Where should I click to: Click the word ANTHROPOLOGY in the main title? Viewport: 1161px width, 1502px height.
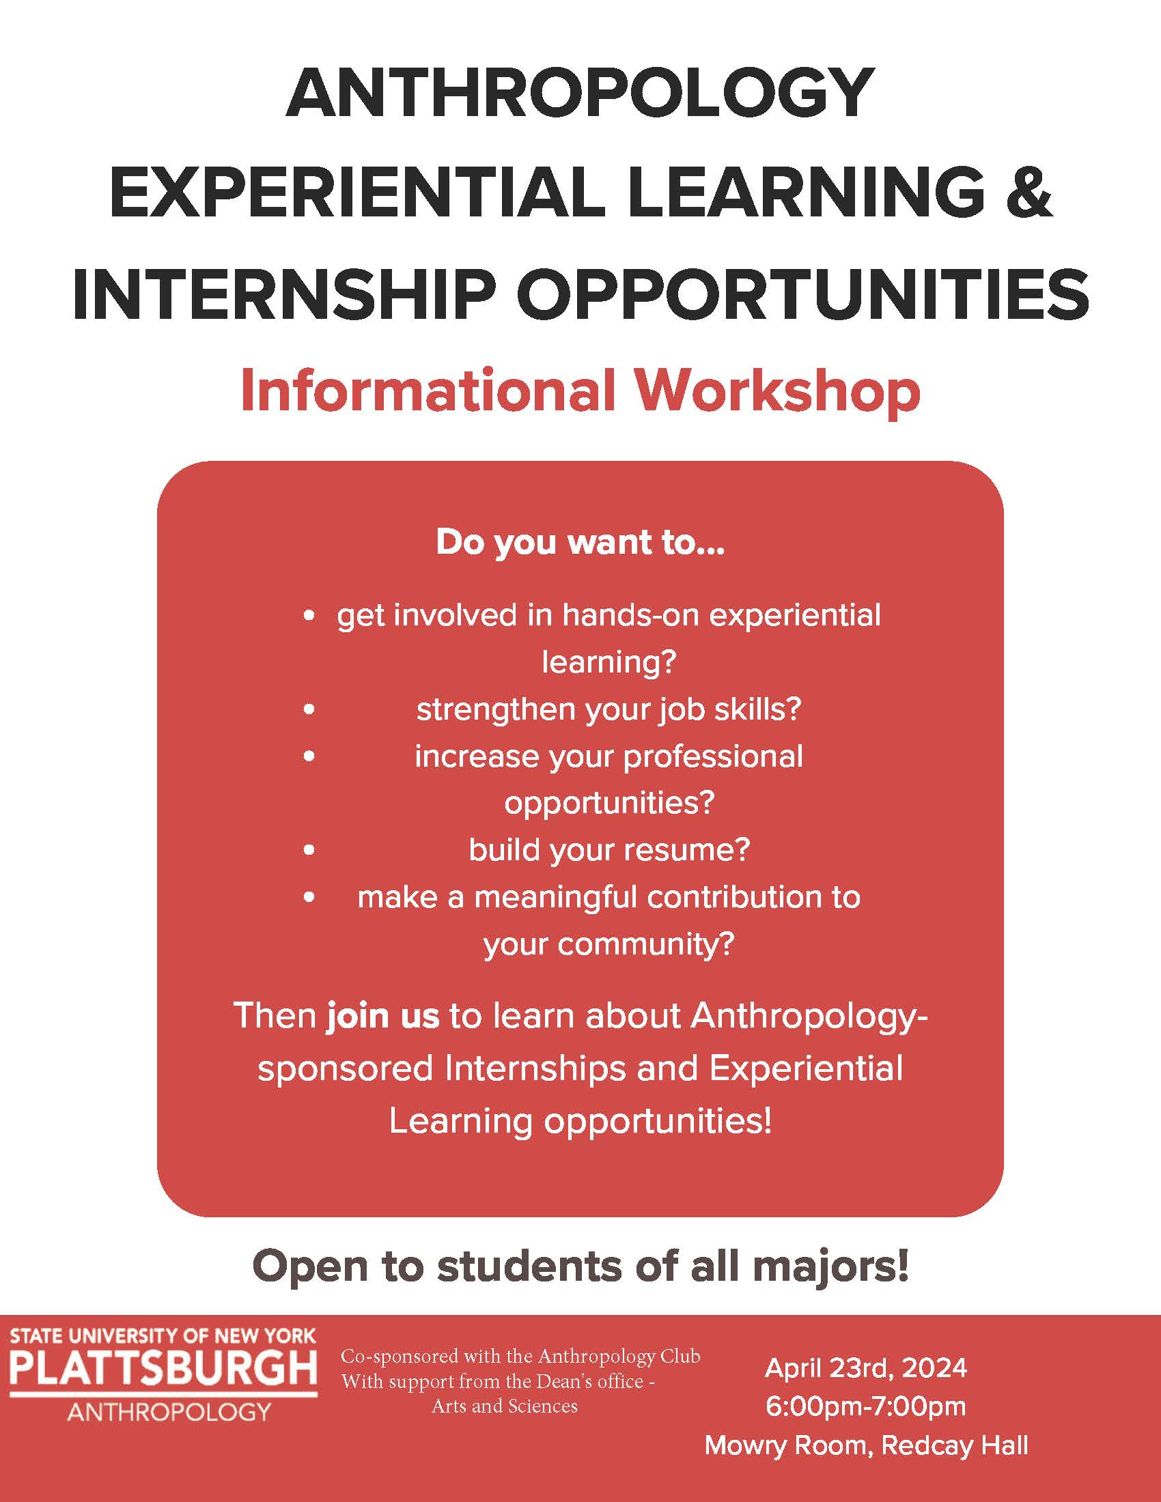tap(580, 94)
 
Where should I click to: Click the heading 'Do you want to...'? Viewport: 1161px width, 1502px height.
tap(580, 543)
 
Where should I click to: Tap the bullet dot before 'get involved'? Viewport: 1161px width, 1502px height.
tap(309, 617)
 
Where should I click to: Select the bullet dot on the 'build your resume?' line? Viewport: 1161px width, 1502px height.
tap(309, 851)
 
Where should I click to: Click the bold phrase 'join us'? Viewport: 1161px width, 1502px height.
tap(382, 1016)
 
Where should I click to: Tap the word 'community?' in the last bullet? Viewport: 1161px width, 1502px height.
tap(647, 945)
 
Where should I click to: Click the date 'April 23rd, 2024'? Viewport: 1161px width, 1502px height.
tap(866, 1368)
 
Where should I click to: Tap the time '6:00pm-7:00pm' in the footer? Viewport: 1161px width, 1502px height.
tap(866, 1406)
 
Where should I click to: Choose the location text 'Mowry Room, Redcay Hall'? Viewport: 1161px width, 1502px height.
tap(866, 1445)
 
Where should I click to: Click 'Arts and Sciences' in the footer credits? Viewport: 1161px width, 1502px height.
tap(505, 1406)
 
